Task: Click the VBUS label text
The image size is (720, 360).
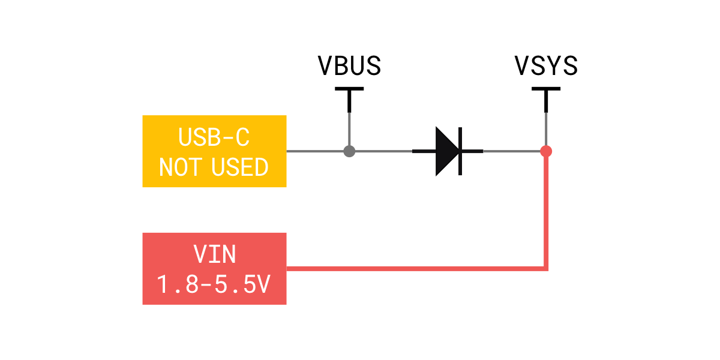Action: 349,65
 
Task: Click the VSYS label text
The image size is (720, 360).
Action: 546,65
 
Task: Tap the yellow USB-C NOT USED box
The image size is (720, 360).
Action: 214,151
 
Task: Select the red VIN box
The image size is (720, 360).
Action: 214,269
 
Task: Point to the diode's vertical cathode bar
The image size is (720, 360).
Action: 460,151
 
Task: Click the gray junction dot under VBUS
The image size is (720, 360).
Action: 349,151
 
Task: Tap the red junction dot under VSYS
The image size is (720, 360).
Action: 546,151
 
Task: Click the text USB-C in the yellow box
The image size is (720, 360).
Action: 214,137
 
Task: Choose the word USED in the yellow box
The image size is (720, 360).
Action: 240,167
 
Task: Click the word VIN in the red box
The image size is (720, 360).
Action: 214,254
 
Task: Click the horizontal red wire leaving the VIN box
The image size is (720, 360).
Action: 416,269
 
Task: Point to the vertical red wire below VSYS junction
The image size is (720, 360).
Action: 546,212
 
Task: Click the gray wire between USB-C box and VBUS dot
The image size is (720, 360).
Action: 315,151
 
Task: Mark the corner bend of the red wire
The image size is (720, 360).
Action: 546,269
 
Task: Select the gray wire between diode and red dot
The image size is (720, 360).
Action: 512,151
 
